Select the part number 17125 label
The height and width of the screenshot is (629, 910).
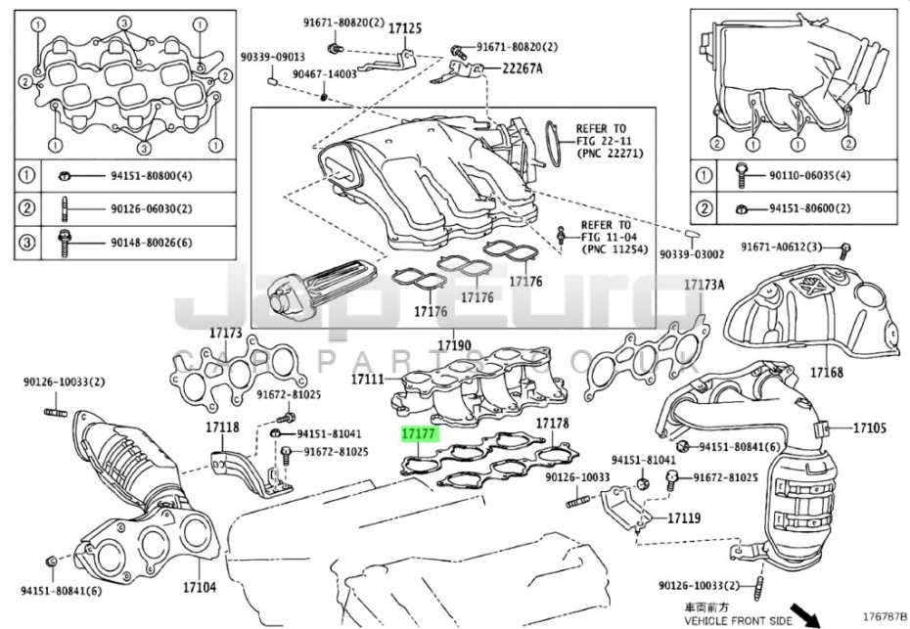pyautogui.click(x=404, y=30)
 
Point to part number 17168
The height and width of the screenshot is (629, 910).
pyautogui.click(x=826, y=372)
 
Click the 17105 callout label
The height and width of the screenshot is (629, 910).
pyautogui.click(x=869, y=428)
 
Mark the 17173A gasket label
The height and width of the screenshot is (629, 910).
pyautogui.click(x=703, y=285)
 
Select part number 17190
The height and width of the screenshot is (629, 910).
pyautogui.click(x=454, y=345)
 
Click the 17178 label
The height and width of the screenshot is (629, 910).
pyautogui.click(x=552, y=424)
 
